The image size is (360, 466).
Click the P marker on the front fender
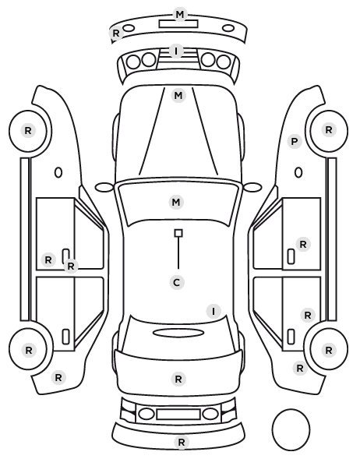295,142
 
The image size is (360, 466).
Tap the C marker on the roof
177,282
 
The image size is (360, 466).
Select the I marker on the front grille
176,51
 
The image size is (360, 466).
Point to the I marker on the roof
214,312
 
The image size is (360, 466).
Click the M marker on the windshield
176,203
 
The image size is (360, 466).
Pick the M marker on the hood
178,96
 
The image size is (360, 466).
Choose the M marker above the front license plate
180,15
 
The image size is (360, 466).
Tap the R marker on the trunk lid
178,380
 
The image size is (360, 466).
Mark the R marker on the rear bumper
182,442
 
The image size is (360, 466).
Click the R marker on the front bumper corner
116,33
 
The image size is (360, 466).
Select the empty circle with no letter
291,430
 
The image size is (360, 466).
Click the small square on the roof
178,233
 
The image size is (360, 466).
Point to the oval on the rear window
178,334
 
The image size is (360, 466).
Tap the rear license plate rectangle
178,415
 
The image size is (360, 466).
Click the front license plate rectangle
178,24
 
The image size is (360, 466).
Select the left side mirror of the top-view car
104,187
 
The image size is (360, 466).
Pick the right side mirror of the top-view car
252,187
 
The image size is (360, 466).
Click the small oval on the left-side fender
58,173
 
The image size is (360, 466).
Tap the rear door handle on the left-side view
65,337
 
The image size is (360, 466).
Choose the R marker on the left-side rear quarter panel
58,378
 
